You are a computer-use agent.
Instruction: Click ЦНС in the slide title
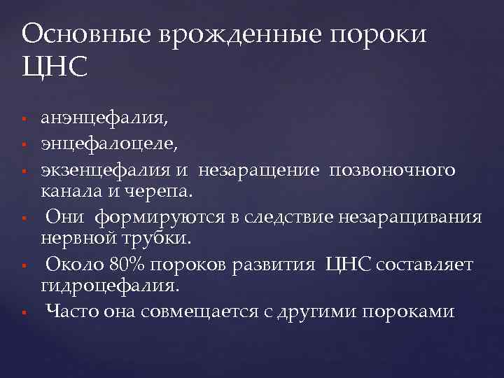pyautogui.click(x=55, y=68)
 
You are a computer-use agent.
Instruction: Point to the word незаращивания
pyautogui.click(x=411, y=218)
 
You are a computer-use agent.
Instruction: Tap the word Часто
pyautogui.click(x=69, y=311)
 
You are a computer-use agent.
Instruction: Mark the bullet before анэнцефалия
pyautogui.click(x=24, y=118)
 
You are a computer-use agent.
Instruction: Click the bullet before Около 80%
pyautogui.click(x=24, y=266)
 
